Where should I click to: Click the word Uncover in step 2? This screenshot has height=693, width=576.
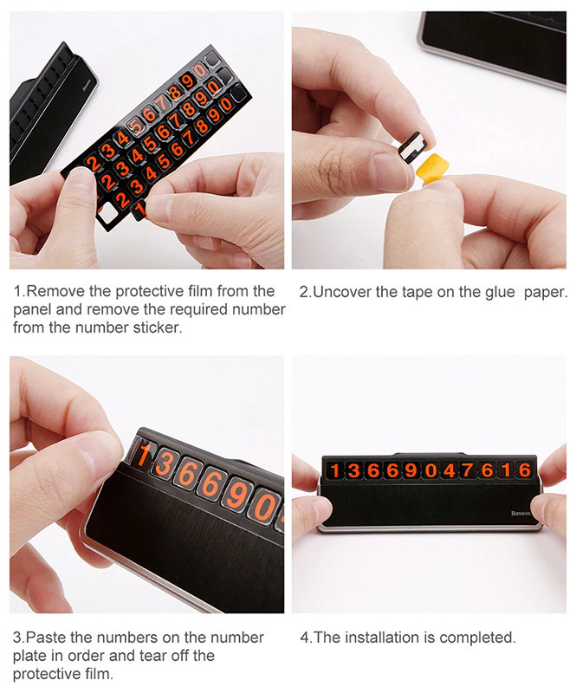point(342,292)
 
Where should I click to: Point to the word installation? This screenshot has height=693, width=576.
point(382,638)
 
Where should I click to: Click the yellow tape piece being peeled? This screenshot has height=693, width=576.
point(432,167)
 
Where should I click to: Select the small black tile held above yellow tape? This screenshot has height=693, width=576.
point(413,146)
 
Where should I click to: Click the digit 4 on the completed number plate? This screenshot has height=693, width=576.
point(449,470)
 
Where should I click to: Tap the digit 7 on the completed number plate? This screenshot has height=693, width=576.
point(467,470)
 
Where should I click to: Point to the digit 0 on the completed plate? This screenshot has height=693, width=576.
point(430,471)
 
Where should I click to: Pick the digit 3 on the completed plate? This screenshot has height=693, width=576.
point(354,470)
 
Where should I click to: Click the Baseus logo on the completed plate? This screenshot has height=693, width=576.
point(521,513)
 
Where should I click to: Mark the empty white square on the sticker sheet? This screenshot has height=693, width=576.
point(107,214)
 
